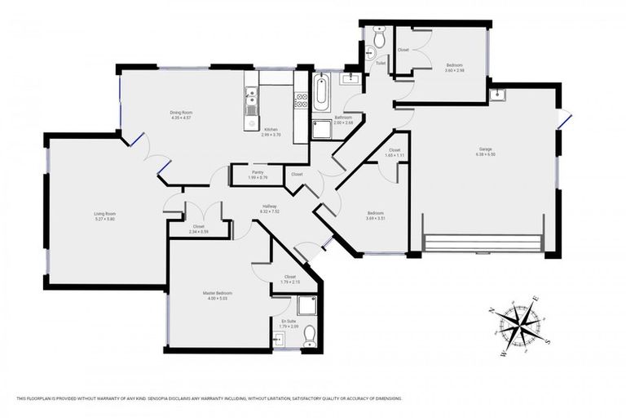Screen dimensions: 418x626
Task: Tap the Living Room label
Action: pyautogui.click(x=105, y=214)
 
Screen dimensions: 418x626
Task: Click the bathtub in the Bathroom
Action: pyautogui.click(x=320, y=94)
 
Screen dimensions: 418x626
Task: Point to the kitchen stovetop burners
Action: pyautogui.click(x=300, y=100)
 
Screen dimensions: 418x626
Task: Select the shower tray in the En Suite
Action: pyautogui.click(x=306, y=305)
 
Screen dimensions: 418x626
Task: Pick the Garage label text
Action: pyautogui.click(x=485, y=149)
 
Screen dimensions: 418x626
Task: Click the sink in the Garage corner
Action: pyautogui.click(x=497, y=95)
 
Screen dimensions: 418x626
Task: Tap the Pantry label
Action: pyautogui.click(x=258, y=172)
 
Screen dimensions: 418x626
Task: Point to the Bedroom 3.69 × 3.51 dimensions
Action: pyautogui.click(x=375, y=218)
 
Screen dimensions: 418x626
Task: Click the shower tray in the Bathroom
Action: pyautogui.click(x=322, y=129)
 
